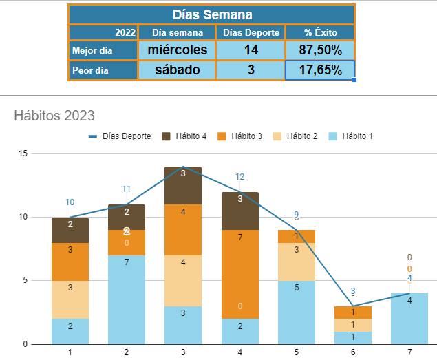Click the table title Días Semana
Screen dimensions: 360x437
pos(211,14)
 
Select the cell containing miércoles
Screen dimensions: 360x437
pos(177,50)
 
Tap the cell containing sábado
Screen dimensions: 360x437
pos(177,70)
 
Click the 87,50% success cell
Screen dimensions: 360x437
pos(320,50)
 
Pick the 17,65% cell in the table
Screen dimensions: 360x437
pos(320,70)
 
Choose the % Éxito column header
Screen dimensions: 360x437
pos(320,32)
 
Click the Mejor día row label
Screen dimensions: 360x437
pos(103,50)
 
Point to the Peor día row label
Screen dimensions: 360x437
pos(103,70)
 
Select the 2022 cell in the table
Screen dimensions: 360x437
pos(103,32)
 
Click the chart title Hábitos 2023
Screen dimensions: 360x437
pos(54,116)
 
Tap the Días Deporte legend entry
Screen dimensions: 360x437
pos(121,136)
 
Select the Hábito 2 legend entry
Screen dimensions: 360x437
pos(298,136)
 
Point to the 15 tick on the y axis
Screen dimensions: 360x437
pos(23,153)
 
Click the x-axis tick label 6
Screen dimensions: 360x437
pos(352,352)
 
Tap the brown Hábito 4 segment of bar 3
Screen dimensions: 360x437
pos(183,185)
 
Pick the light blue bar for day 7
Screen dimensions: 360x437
pos(409,318)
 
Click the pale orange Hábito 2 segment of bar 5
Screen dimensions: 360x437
pos(296,262)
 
